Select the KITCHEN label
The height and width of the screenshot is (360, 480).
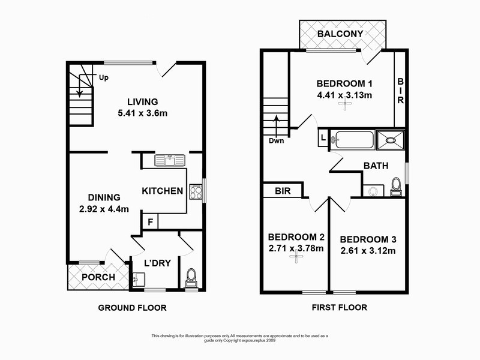coord(162,191)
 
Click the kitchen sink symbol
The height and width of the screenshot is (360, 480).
coord(170,160)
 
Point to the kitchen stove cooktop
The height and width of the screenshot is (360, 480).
coord(196,191)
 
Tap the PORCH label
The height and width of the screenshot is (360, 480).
coord(86,277)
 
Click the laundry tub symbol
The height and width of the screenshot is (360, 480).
coord(137,279)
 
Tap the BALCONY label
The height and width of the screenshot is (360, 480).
coord(340,34)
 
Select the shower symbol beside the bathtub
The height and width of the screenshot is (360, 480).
coord(391,140)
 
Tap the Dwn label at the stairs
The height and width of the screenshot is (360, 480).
coord(276,141)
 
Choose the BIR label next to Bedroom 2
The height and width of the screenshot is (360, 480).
coord(283,191)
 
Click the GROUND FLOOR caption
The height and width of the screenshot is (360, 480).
coord(132,308)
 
